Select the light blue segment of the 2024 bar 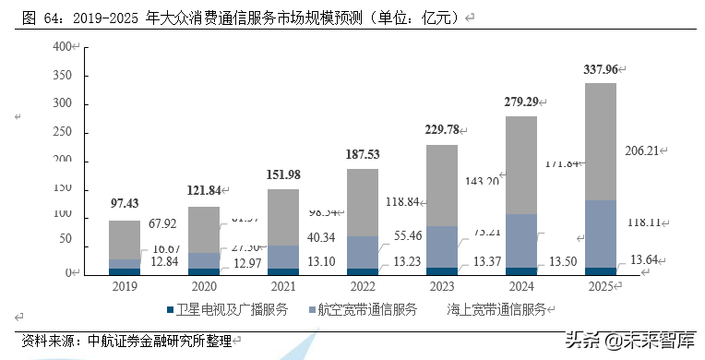pos(520,240)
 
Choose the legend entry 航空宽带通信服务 pos(364,309)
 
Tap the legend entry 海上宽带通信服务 pos(495,309)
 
